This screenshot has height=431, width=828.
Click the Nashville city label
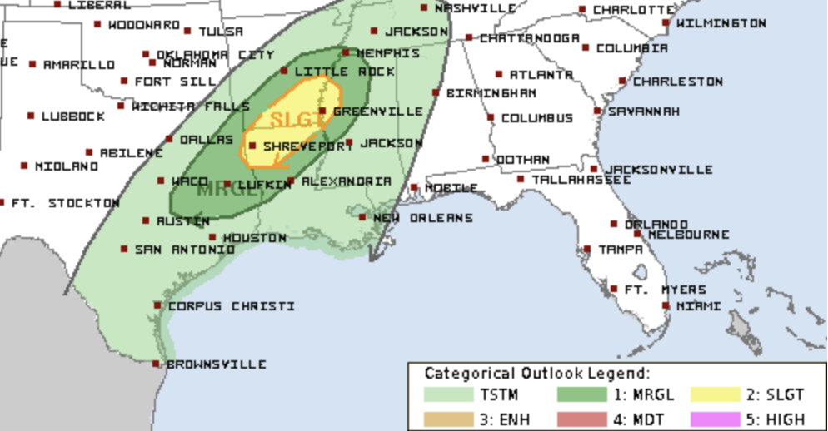pos(475,7)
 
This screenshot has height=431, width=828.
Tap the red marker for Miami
pos(666,305)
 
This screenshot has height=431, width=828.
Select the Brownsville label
pos(217,364)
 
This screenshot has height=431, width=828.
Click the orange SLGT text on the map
pos(296,119)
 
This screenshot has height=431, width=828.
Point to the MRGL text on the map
pos(223,189)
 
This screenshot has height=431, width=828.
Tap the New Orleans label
pos(422,218)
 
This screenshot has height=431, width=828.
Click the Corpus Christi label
pos(231,306)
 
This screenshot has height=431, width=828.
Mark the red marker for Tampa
pos(587,249)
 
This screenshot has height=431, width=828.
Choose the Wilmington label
pos(721,23)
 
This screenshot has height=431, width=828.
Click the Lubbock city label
pos(73,116)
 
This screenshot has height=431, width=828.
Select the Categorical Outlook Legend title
pos(536,374)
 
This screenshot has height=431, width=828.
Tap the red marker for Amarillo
pos(32,64)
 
